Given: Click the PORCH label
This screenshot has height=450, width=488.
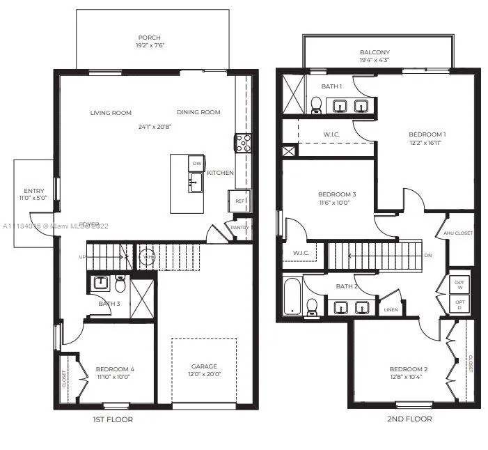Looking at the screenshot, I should tap(149, 38).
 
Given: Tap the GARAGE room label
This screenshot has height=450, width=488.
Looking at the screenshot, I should tap(204, 366).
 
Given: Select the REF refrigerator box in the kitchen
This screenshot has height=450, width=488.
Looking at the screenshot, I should tap(239, 201).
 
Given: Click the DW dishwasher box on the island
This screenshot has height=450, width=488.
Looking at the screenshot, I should tap(197, 164).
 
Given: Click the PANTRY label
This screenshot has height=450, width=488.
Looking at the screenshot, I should tap(239, 227).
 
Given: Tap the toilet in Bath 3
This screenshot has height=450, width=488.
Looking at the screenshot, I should tap(120, 284).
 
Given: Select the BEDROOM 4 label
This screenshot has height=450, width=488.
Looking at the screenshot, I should tap(114, 369).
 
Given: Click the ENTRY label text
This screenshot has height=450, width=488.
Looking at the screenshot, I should tap(33, 191).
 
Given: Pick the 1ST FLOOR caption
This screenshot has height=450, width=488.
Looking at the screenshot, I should tap(113, 419).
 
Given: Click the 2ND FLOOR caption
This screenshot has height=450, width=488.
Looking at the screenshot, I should tap(409, 419).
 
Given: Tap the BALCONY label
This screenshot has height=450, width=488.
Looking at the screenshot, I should tap(375, 52).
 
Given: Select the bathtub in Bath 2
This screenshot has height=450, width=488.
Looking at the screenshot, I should tap(292, 295).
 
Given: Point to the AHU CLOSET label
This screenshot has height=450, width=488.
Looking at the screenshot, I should tap(458, 233).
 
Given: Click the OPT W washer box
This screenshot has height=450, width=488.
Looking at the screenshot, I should tap(459, 284).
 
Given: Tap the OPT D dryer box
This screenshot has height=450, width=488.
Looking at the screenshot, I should tap(459, 304).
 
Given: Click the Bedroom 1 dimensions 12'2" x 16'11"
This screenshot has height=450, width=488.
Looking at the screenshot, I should tap(426, 142).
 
